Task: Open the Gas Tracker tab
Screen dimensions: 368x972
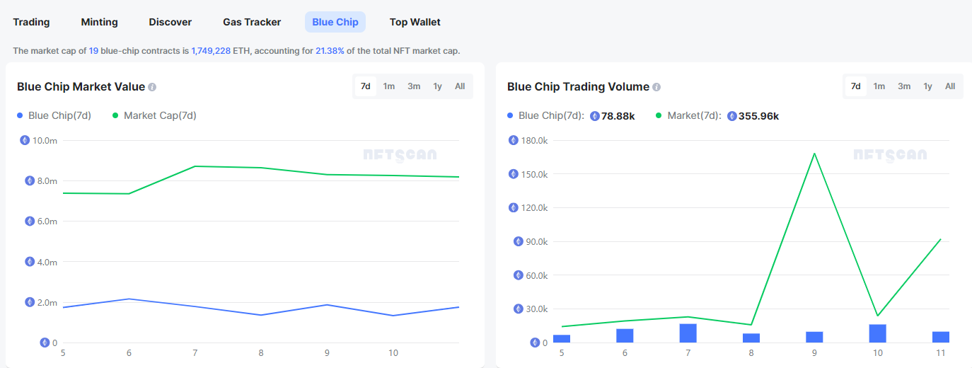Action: pyautogui.click(x=252, y=22)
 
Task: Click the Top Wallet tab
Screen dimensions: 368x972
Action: pyautogui.click(x=415, y=22)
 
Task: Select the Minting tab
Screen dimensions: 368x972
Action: pyautogui.click(x=99, y=22)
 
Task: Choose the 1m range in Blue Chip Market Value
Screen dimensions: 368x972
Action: pyautogui.click(x=389, y=86)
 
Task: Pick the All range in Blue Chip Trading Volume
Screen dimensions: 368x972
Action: pyautogui.click(x=950, y=86)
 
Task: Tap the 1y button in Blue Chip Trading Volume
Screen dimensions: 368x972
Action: pyautogui.click(x=927, y=86)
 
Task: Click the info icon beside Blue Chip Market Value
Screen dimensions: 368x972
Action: pyautogui.click(x=152, y=87)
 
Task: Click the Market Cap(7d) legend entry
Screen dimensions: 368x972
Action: pyautogui.click(x=160, y=115)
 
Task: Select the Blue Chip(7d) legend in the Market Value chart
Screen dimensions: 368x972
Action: pyautogui.click(x=59, y=115)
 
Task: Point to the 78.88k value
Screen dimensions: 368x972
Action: pyautogui.click(x=618, y=116)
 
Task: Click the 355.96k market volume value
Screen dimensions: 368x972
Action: pyautogui.click(x=758, y=116)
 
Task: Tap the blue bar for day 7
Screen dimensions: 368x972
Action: pyautogui.click(x=688, y=333)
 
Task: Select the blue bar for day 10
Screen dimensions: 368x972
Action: pyautogui.click(x=877, y=333)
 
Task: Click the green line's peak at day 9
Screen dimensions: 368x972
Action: pyautogui.click(x=814, y=154)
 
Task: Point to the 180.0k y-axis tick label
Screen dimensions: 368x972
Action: pyautogui.click(x=533, y=140)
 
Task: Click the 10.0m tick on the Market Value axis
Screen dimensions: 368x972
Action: pyautogui.click(x=45, y=140)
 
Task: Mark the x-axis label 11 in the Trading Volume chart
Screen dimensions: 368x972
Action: pyautogui.click(x=941, y=352)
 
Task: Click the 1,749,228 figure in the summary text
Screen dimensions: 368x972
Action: pyautogui.click(x=211, y=51)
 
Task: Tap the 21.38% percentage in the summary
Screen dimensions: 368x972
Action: pyautogui.click(x=330, y=51)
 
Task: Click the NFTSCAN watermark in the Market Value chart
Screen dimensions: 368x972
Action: pyautogui.click(x=400, y=154)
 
